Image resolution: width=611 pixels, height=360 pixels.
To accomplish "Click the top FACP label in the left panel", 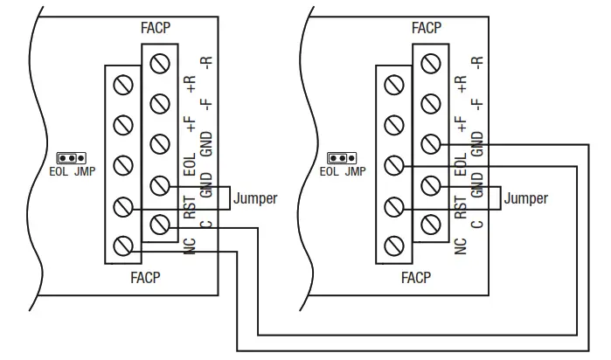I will (156, 27).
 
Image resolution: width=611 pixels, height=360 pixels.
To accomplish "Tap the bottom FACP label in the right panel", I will (416, 279).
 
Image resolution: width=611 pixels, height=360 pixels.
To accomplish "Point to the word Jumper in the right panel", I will (526, 198).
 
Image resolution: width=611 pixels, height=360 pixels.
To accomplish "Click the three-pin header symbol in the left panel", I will (70, 158).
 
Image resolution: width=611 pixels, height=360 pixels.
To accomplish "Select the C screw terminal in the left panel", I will (159, 226).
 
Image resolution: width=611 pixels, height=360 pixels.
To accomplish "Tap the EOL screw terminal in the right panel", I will (395, 164).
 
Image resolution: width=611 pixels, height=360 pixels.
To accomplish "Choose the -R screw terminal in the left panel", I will (159, 62).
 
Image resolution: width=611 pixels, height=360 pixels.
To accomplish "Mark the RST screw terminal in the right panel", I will (395, 206).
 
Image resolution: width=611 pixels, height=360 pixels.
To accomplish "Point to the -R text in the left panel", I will (206, 63).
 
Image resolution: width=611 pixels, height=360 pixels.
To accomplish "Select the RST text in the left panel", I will (190, 210).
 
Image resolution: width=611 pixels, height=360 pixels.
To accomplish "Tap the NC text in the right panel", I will (461, 246).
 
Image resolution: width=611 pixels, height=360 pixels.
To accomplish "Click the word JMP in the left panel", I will (84, 171).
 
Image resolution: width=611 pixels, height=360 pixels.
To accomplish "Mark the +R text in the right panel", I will (461, 85).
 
